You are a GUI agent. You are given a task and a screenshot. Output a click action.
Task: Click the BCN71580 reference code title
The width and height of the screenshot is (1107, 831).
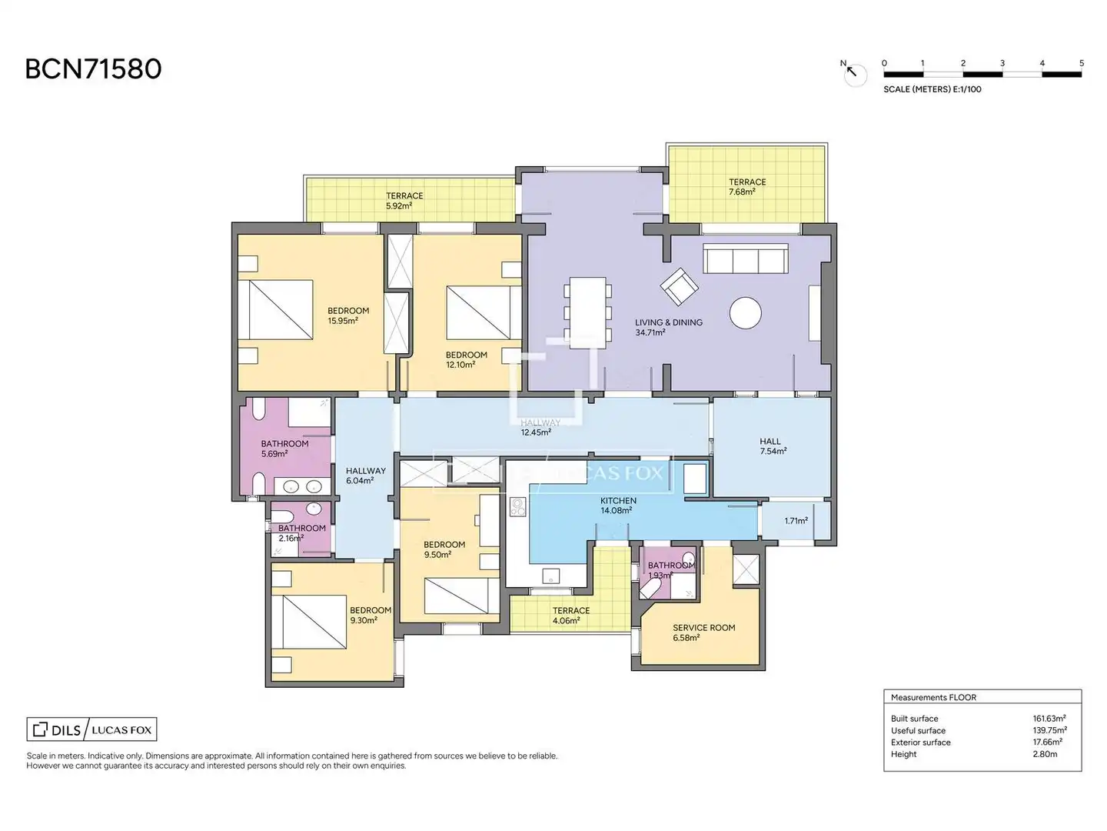coord(93,69)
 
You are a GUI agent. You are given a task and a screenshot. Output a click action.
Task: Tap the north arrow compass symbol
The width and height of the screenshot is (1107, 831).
coord(854,74)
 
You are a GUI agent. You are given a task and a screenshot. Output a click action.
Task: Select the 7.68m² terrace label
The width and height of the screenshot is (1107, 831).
coord(747,187)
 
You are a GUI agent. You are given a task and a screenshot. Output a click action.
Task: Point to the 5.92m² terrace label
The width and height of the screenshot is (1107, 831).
coord(404,200)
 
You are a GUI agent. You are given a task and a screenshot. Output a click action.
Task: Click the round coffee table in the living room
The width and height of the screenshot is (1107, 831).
coord(745,313)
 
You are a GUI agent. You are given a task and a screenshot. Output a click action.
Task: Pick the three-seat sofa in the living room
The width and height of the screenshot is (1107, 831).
coord(746,259)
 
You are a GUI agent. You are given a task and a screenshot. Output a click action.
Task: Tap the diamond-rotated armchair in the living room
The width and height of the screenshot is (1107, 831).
coord(680,286)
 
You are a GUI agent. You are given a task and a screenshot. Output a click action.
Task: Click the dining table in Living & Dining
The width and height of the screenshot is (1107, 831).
coord(587,312)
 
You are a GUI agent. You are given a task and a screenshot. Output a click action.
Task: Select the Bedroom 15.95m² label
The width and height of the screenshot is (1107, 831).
coord(348,315)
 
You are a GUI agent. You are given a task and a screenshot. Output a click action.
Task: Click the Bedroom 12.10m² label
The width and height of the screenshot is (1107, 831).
coord(466,360)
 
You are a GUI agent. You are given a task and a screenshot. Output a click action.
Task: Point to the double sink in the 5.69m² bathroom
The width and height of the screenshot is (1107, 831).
coord(302,486)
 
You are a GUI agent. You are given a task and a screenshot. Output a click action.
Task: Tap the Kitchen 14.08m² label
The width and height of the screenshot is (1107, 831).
coord(618,505)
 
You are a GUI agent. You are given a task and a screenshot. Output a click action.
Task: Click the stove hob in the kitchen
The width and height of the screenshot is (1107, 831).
coord(517,507)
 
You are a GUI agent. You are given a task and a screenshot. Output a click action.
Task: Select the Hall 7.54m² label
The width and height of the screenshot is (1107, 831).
coord(773,446)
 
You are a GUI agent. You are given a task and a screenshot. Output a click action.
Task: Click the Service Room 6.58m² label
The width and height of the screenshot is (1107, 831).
coord(703,632)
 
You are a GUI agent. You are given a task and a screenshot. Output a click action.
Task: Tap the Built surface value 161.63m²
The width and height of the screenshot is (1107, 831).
coord(1049,718)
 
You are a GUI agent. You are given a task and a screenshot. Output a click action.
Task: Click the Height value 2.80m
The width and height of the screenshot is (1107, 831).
coord(1045,754)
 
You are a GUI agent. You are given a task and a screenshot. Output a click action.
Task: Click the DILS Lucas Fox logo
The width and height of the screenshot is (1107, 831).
coord(91,729)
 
